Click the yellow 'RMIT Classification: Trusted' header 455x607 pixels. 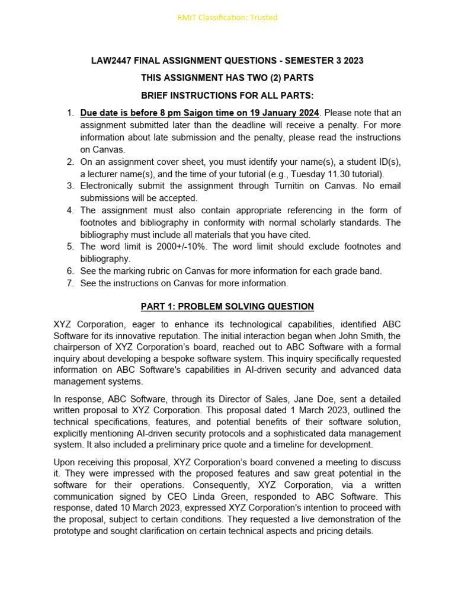click(x=227, y=17)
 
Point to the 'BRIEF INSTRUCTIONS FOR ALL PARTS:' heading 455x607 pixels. click(x=227, y=95)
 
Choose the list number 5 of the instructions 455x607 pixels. click(x=70, y=247)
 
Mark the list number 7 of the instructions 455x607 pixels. click(x=70, y=283)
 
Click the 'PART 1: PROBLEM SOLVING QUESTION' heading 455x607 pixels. click(x=227, y=306)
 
